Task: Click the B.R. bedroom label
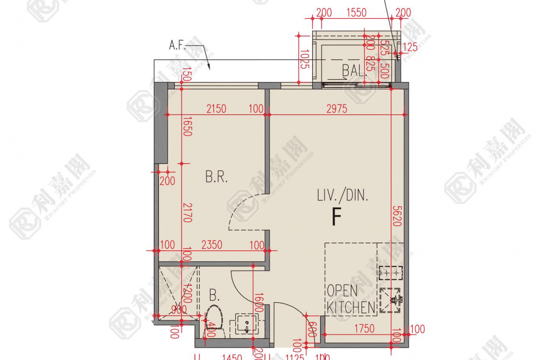[216, 177]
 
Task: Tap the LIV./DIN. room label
[342, 196]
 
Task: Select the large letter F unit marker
[337, 217]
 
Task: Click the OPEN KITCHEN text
[350, 299]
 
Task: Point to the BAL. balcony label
[354, 71]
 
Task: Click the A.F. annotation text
[179, 45]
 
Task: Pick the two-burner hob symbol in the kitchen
[391, 273]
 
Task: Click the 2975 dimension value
[336, 109]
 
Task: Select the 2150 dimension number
[216, 109]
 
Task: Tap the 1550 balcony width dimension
[356, 12]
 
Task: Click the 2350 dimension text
[212, 245]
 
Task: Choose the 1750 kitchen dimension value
[364, 329]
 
